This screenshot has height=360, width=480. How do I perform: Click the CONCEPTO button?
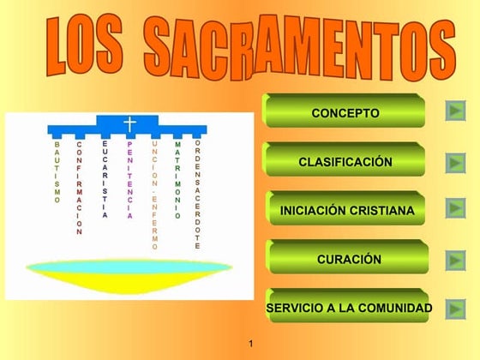click(345, 112)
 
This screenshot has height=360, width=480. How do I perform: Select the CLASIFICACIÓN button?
click(345, 161)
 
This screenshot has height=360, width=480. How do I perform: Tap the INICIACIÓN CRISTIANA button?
click(346, 210)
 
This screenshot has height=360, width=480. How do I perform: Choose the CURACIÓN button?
click(348, 259)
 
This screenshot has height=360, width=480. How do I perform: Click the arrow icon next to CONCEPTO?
click(456, 111)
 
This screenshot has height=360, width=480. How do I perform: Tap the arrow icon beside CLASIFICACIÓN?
click(456, 161)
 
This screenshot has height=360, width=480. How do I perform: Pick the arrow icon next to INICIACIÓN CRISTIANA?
click(456, 208)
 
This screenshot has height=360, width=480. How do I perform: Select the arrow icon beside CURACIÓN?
click(456, 259)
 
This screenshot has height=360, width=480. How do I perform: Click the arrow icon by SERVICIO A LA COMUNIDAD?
click(456, 308)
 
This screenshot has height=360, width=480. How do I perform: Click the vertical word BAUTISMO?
click(57, 172)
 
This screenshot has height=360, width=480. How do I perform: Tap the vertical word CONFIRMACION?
click(79, 188)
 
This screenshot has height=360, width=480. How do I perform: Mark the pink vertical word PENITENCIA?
click(129, 180)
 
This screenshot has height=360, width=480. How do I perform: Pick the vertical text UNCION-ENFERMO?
click(154, 195)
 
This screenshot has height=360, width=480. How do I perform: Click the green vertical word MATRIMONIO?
click(177, 180)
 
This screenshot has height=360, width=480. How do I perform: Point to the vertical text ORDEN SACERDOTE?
click(197, 194)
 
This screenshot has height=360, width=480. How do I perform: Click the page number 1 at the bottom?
click(249, 344)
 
